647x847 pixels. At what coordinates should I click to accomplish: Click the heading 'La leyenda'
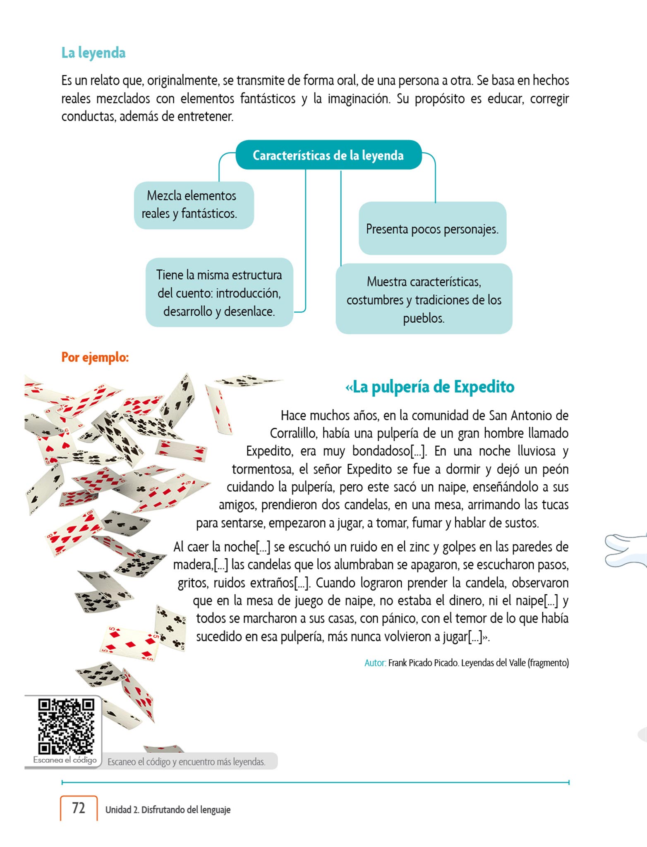(x=93, y=53)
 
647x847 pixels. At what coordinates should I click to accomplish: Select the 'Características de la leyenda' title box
(x=328, y=155)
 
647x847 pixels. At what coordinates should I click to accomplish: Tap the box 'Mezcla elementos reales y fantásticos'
(x=194, y=205)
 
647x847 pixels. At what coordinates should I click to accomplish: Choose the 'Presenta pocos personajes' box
(x=432, y=229)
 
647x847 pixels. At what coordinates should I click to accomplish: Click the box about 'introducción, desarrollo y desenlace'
(x=219, y=293)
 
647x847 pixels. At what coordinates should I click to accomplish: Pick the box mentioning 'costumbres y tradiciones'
(x=424, y=299)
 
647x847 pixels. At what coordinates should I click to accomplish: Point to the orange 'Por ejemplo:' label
(x=95, y=357)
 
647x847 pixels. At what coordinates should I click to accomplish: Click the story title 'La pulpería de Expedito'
(x=430, y=387)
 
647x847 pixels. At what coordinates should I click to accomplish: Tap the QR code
(x=66, y=726)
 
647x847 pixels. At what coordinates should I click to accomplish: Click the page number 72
(x=79, y=808)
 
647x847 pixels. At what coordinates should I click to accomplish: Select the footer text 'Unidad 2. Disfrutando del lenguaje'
(x=168, y=810)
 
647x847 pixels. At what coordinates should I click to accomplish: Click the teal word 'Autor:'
(x=375, y=663)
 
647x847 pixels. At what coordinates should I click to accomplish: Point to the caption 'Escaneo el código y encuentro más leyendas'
(x=187, y=762)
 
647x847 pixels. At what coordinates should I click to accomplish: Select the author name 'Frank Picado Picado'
(x=423, y=663)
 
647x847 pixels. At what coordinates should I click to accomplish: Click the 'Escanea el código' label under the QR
(x=65, y=760)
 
